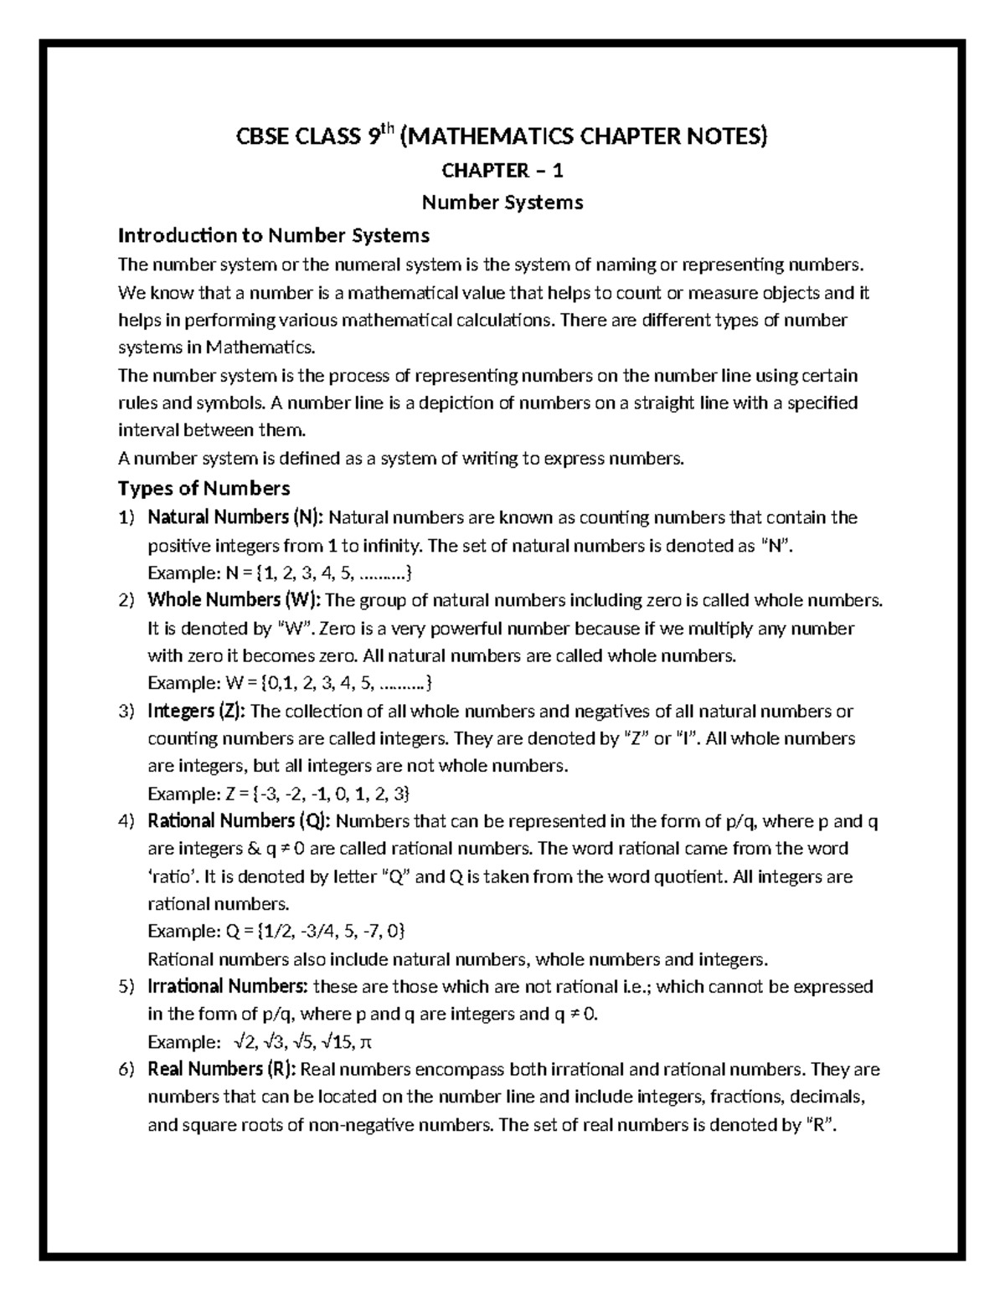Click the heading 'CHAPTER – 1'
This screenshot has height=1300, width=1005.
[502, 171]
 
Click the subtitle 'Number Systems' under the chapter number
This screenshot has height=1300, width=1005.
[502, 202]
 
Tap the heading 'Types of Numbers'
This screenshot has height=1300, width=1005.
[204, 488]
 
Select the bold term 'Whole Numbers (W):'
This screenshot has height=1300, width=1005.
[234, 600]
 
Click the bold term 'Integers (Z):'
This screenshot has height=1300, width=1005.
[196, 711]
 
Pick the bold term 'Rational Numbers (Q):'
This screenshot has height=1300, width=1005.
[239, 821]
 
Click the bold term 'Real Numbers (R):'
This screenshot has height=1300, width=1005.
[221, 1069]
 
